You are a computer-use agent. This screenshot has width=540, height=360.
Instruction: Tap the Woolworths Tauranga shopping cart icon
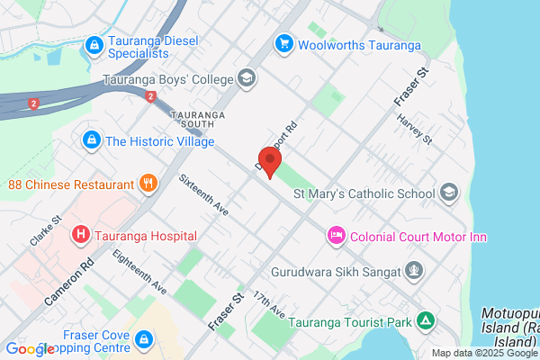(284, 43)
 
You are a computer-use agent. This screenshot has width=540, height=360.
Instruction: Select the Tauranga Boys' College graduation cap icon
(246, 79)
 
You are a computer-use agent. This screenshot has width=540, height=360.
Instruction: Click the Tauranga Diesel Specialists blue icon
(92, 44)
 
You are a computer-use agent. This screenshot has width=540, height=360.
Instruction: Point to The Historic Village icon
(90, 140)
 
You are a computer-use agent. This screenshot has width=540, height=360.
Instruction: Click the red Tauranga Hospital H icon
(81, 236)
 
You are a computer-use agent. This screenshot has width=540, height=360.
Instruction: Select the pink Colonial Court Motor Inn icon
(336, 236)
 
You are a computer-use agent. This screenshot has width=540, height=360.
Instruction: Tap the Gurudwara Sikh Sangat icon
(414, 269)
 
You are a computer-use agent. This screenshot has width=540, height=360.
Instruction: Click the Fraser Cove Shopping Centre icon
(145, 339)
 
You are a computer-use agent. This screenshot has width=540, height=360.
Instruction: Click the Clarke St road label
(45, 230)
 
